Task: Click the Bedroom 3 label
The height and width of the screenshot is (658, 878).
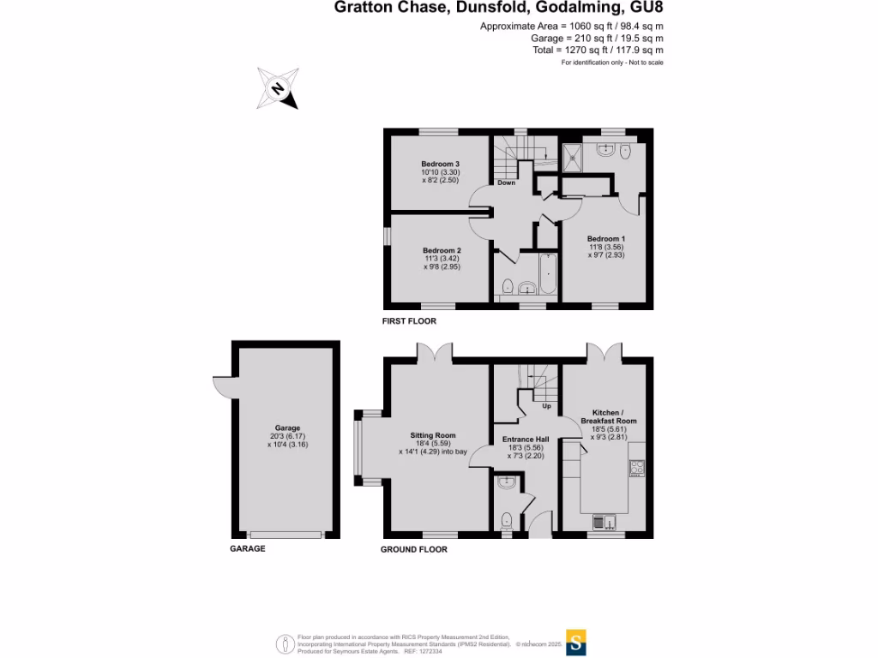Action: [440, 164]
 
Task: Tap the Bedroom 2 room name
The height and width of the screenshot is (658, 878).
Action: [441, 249]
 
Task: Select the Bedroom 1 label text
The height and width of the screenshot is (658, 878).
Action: [605, 237]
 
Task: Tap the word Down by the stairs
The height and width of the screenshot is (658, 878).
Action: [507, 182]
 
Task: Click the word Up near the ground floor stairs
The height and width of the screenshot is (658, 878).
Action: [546, 406]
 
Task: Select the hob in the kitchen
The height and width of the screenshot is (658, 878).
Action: [637, 468]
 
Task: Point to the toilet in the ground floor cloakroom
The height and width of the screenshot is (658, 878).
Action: [507, 519]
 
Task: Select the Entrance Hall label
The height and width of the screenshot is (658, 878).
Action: [526, 440]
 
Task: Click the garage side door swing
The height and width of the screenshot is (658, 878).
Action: [223, 387]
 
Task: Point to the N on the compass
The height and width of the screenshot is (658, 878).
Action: [277, 88]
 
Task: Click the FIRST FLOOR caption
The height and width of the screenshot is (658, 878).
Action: [409, 321]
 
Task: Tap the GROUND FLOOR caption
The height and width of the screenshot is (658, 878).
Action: [413, 549]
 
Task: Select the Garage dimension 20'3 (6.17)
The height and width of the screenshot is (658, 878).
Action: [287, 436]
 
